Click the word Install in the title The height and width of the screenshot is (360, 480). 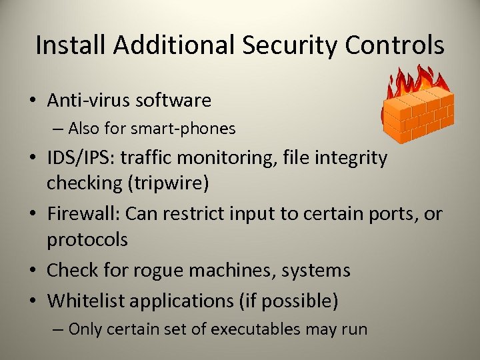(71, 45)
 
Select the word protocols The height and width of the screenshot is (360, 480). (87, 239)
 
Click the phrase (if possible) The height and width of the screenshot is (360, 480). (288, 301)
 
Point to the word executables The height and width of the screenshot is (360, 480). (257, 329)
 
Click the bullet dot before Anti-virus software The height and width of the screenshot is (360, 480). (32, 101)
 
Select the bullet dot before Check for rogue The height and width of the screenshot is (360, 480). (32, 271)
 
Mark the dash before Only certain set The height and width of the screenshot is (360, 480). (59, 329)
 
